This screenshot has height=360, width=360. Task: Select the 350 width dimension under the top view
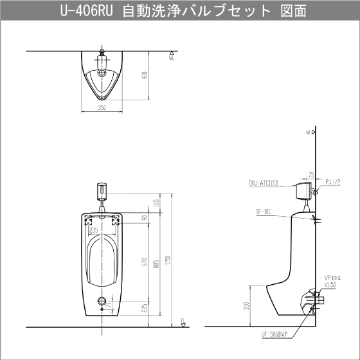pyautogui.click(x=102, y=107)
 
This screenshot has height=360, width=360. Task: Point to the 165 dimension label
pyautogui.click(x=156, y=202)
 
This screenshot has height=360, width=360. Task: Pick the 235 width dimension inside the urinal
pyautogui.click(x=94, y=228)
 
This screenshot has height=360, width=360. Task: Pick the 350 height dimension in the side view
pyautogui.click(x=247, y=306)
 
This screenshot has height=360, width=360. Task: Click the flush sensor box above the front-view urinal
pyautogui.click(x=101, y=191)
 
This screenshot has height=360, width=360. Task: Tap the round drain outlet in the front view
pyautogui.click(x=101, y=301)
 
